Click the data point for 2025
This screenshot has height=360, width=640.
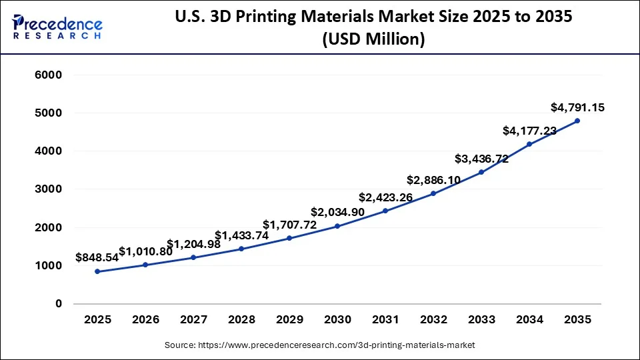tap(97, 271)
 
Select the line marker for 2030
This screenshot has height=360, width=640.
tap(337, 226)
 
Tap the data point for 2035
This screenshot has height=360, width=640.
tap(577, 121)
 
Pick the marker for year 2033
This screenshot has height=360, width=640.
tap(481, 172)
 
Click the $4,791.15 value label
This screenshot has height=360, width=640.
tap(577, 107)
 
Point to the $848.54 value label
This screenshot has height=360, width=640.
tap(97, 257)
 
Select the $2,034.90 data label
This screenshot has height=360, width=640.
tap(337, 212)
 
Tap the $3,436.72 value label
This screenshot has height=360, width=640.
tap(481, 159)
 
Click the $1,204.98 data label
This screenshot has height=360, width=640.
tap(193, 244)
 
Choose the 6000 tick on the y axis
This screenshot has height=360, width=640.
tap(48, 75)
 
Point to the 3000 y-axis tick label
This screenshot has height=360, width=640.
tap(48, 189)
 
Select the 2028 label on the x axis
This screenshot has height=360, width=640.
tap(241, 320)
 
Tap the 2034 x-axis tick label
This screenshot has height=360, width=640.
tap(529, 320)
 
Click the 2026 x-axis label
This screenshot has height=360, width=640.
tap(145, 320)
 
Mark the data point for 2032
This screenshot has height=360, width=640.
tap(433, 193)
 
